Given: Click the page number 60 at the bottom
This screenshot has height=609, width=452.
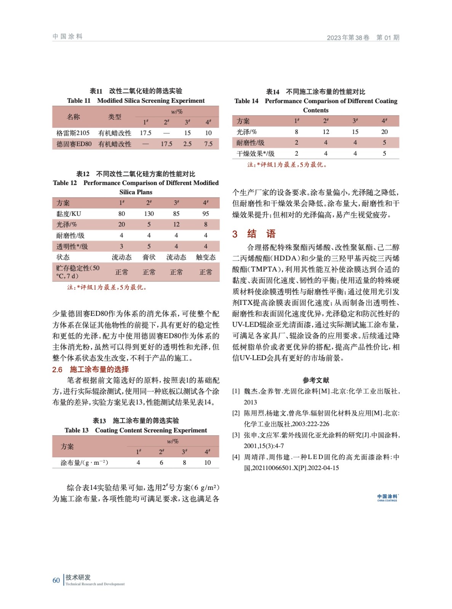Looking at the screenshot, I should coord(56,580).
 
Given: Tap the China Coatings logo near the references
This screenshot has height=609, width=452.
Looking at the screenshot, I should coord(387,497).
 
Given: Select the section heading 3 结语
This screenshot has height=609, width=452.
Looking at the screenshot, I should coord(254,234).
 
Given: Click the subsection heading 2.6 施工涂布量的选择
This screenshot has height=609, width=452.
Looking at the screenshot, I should coord(91,369).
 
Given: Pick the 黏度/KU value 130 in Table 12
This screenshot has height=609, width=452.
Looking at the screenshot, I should coord(149,214).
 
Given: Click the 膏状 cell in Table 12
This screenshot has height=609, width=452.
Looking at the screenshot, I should coord(149,257).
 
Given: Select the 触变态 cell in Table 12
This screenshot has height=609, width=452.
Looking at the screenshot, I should coord(206,257).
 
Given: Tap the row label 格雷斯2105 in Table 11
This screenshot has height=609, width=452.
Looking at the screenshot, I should coord(73,133).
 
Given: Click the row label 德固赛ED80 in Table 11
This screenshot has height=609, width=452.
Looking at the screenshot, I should coord(74,144).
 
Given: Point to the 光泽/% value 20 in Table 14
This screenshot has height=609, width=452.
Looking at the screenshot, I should coord(384,132).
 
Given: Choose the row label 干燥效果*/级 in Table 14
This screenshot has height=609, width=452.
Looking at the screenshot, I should coord(255,153).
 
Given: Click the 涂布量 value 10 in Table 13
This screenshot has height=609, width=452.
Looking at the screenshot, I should coord(207,462).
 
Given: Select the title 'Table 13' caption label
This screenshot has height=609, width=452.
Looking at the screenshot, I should coord(77,430).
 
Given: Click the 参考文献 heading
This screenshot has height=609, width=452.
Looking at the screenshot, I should coord(316,380).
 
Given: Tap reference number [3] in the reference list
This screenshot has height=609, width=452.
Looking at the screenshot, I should coord(236,435).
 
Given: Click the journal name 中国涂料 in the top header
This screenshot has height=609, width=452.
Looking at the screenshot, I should coord(67,37).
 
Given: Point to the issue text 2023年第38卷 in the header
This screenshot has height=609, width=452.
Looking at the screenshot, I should coord(348,37).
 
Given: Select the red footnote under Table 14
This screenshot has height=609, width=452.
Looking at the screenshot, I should coord(287,164).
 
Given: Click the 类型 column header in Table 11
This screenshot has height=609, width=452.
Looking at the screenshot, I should coord(115,117).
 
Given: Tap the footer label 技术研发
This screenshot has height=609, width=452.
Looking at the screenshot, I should coord(78,577).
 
